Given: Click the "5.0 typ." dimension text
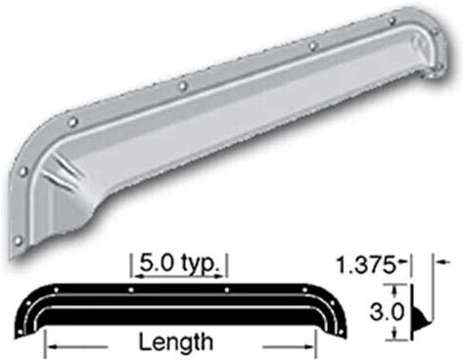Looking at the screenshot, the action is [179, 264].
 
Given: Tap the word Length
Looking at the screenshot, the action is [176, 342].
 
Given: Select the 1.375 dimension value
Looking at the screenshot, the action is [365, 265].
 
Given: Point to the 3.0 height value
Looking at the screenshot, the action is [387, 311].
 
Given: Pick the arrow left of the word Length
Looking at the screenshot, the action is [77, 347].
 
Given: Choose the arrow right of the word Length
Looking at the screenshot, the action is [288, 347].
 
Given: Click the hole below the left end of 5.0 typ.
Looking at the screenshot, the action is [131, 290].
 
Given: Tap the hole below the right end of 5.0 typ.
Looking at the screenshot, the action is [227, 290].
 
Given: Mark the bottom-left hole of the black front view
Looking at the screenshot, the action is [21, 332].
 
